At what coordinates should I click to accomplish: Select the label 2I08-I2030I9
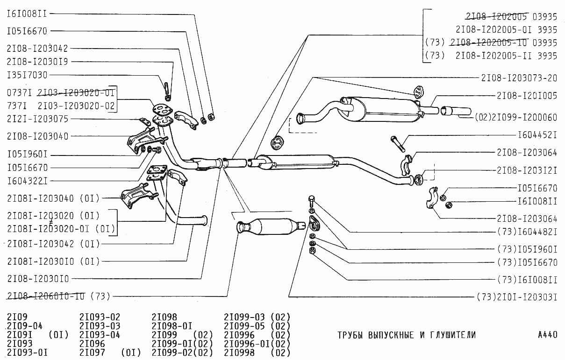tap(37, 62)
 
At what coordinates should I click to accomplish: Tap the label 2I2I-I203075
tap(37, 119)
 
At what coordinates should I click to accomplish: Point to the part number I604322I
tap(27, 180)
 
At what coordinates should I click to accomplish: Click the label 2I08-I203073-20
tap(519, 78)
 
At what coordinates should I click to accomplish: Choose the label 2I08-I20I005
tap(527, 96)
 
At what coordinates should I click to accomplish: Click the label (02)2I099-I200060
tap(516, 117)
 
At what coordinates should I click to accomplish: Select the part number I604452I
tap(537, 135)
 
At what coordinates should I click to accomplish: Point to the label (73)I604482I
tap(527, 232)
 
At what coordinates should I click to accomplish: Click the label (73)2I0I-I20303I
tap(516, 296)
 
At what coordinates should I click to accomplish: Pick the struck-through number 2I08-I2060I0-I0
tap(46, 296)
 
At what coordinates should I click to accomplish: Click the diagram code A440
tap(547, 335)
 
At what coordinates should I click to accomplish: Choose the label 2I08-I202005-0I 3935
tap(506, 29)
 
